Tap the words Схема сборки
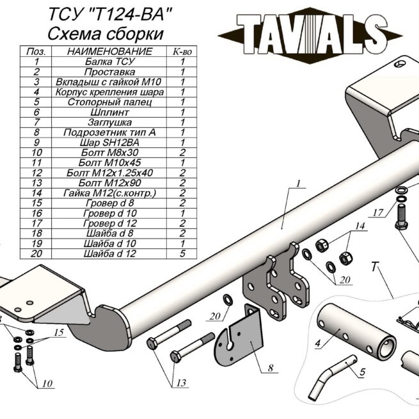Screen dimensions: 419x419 [106, 33]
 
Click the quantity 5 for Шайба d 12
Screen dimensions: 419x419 [183, 253]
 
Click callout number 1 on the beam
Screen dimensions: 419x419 [297, 184]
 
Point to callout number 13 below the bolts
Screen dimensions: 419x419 [181, 383]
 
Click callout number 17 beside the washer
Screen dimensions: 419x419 [378, 212]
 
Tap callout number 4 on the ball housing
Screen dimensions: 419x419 [318, 342]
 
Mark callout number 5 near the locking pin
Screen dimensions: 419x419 [361, 370]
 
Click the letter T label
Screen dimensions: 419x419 [374, 268]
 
